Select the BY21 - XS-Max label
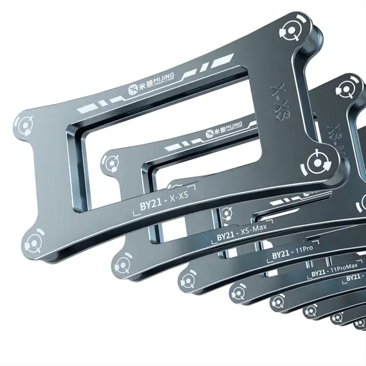click(x=243, y=236)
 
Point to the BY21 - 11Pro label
click(x=292, y=255)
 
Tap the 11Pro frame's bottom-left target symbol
click(x=187, y=280)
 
